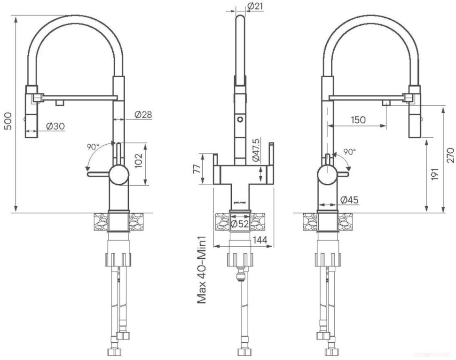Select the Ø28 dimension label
(142, 115)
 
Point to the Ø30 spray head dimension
(55, 126)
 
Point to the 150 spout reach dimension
(358, 120)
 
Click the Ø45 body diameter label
(348, 200)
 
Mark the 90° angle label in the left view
(93, 147)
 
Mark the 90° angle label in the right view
(349, 152)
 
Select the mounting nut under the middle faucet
(240, 259)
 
